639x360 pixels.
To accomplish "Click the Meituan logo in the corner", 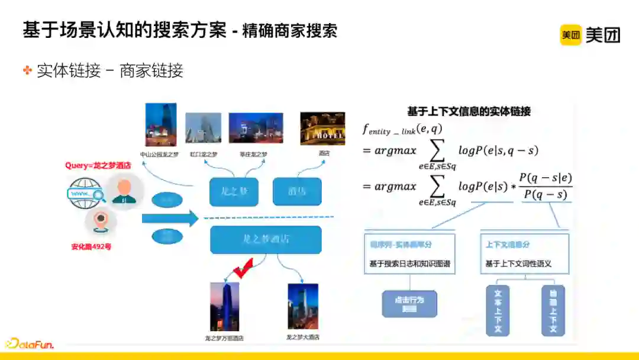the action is click(590, 35).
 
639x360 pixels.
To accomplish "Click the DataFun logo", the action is click(30, 343).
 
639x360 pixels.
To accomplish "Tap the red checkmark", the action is click(243, 268).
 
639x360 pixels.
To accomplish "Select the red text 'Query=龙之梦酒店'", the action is click(98, 165).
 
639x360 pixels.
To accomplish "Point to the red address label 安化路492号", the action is click(91, 246).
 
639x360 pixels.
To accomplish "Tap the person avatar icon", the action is click(124, 191).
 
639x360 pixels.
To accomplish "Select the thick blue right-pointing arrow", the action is click(170, 218).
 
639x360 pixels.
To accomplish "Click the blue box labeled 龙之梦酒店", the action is click(266, 240).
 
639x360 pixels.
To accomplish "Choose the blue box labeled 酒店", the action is click(297, 192).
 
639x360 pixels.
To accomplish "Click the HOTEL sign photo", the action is click(322, 128).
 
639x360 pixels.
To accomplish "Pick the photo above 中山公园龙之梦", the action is click(161, 124).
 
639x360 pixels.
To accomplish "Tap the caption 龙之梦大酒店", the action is click(302, 337).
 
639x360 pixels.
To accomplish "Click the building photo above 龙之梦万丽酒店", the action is click(224, 306).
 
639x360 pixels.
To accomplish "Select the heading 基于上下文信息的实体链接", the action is click(469, 111).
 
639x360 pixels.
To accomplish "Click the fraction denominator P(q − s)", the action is click(546, 195).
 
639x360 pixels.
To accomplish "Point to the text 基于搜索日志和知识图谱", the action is click(409, 263).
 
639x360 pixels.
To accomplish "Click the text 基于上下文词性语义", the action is click(518, 263).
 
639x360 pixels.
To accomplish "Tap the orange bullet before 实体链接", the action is click(27, 70).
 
